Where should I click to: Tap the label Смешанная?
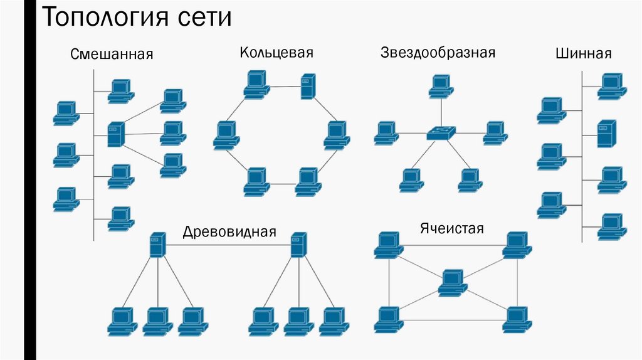[112, 54]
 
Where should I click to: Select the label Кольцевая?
[276, 52]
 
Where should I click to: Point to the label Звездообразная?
[438, 52]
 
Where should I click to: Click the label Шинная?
[583, 54]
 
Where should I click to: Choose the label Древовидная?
[229, 231]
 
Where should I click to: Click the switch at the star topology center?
[441, 132]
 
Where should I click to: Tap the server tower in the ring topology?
[307, 87]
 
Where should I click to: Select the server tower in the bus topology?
[604, 134]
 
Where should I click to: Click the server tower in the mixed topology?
[115, 134]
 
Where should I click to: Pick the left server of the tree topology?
[157, 244]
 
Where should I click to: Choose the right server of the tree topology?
[298, 244]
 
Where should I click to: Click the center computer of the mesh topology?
[452, 282]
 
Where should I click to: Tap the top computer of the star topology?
[441, 86]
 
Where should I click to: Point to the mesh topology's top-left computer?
[389, 245]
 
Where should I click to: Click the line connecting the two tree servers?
[228, 245]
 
